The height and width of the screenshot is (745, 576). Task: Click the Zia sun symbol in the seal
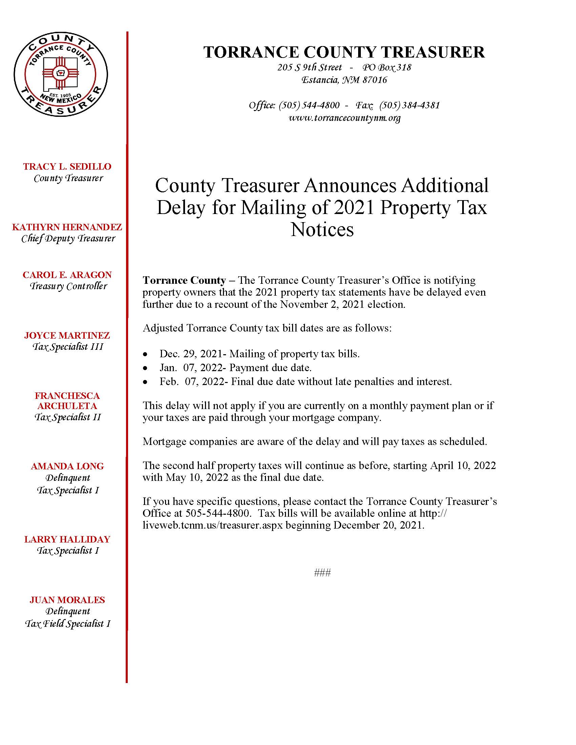60,72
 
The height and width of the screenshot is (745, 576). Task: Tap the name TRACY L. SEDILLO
67,167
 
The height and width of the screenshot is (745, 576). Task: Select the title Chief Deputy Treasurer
68,238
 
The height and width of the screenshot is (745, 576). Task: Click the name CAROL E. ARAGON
67,275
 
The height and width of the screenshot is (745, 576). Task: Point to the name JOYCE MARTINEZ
67,335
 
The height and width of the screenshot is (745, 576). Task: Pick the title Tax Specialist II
67,417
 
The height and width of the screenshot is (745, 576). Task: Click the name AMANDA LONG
67,466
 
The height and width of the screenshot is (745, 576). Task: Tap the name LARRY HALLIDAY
67,539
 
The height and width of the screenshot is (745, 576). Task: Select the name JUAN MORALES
67,600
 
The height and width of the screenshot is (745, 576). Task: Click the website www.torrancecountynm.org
344,118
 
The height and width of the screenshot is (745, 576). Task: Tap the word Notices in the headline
322,230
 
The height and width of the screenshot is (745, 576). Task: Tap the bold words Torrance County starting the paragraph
184,280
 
